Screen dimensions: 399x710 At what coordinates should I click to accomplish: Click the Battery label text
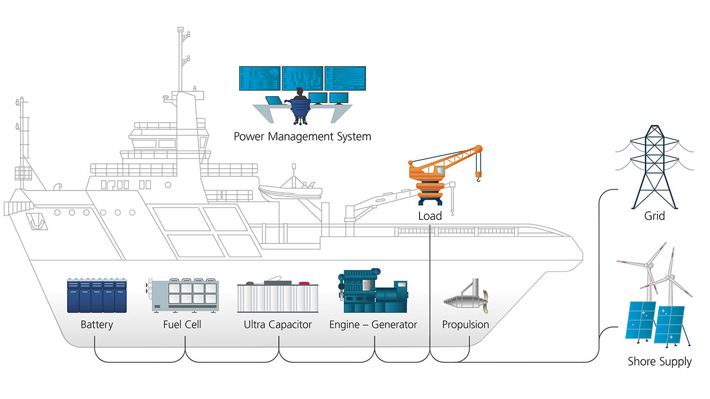pos(97,325)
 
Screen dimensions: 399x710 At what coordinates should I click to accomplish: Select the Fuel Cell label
pos(182,325)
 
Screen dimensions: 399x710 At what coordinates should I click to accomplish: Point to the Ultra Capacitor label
pos(277,325)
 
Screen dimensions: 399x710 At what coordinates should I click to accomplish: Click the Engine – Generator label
pos(373,325)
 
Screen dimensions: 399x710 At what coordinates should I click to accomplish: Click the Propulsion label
pos(465,325)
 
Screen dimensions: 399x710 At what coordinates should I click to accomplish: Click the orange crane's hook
pos(479,176)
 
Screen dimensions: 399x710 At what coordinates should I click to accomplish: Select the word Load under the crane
pos(430,216)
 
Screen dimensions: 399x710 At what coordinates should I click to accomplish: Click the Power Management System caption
pos(302,136)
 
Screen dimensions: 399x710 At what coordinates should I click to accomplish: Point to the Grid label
pos(654,216)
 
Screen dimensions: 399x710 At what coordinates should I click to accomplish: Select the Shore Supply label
pos(659,361)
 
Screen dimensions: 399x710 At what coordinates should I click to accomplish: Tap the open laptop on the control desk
pos(274,101)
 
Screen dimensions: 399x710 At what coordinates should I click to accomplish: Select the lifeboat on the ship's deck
pos(290,191)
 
